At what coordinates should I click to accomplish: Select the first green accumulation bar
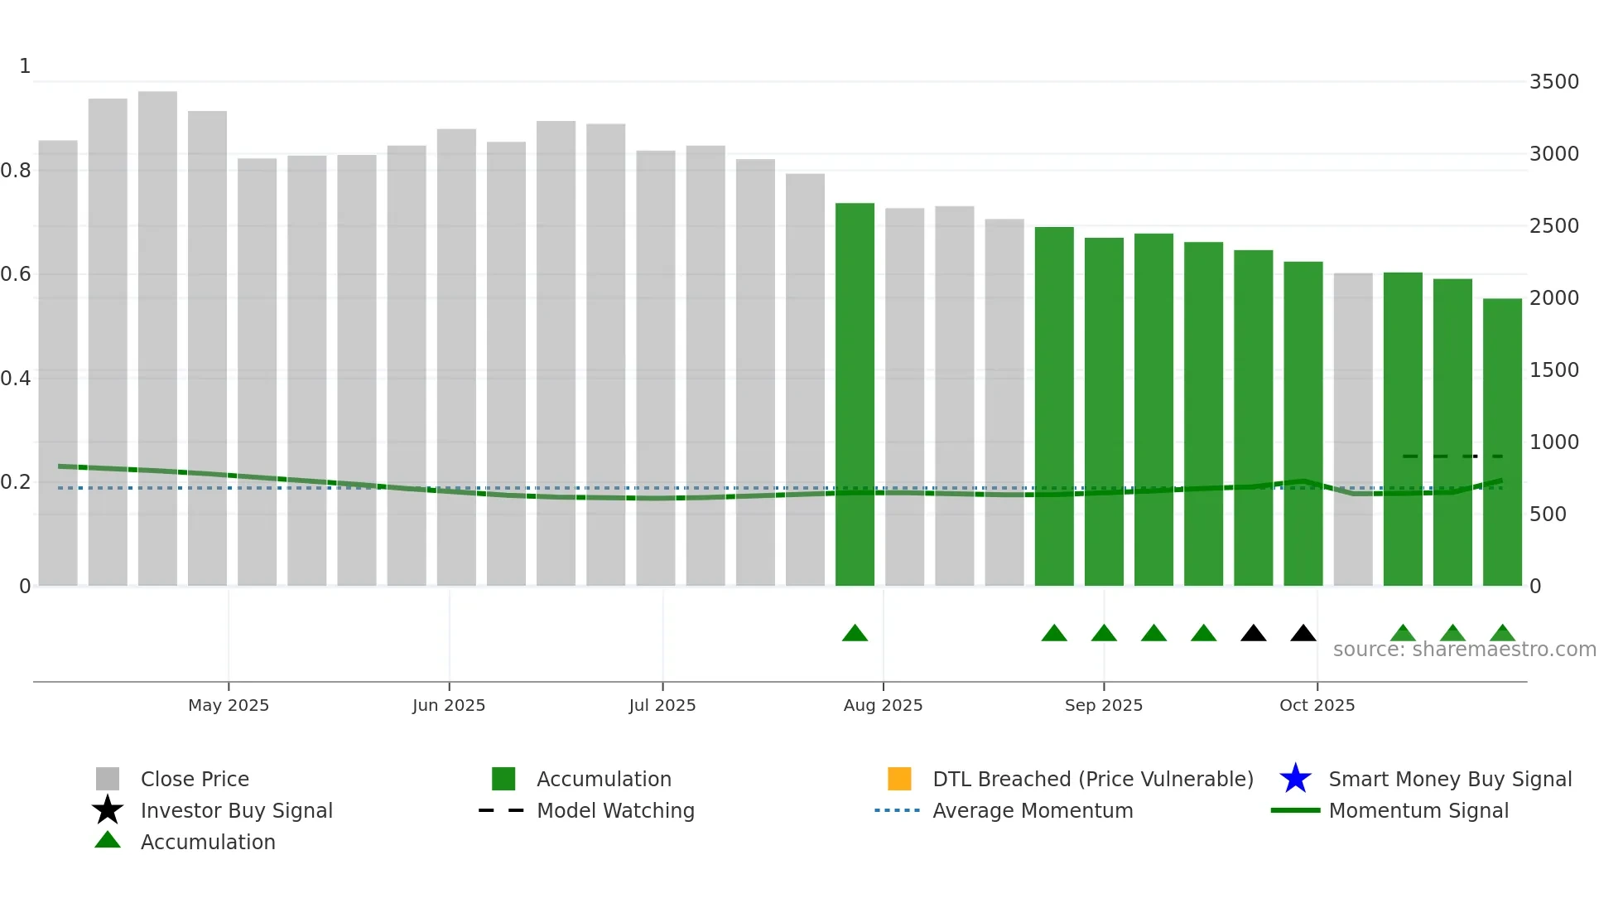coord(855,394)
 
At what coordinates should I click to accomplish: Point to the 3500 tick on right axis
coord(1553,82)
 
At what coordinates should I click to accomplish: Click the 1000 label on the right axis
coord(1553,442)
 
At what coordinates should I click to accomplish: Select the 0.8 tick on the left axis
coord(17,171)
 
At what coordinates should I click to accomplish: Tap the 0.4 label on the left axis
coord(17,379)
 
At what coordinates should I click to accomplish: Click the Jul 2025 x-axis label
coord(662,705)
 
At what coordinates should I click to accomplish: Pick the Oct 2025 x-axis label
coord(1317,705)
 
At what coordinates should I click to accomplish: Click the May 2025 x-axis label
coord(229,705)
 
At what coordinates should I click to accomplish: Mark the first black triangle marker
coord(1253,634)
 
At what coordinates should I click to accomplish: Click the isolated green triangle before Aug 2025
coord(855,634)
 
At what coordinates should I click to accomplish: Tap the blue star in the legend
coord(1295,779)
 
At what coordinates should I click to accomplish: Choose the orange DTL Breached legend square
coord(899,779)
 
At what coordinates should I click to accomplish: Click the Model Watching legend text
coord(615,811)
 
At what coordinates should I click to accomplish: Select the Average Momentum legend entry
coord(1032,811)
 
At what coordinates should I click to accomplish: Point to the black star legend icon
coord(108,810)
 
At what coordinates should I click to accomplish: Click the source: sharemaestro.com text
coord(1464,650)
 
